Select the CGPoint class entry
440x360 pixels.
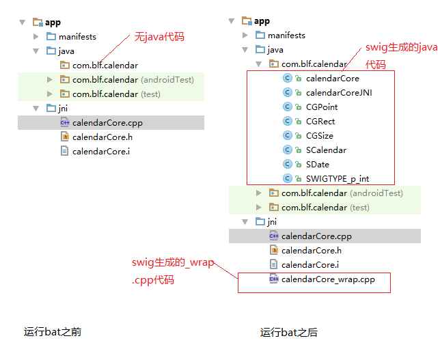322,107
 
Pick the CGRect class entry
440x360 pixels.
320,122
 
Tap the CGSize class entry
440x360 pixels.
320,136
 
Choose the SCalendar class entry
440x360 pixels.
326,150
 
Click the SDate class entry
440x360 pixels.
318,165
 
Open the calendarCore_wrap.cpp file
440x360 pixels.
328,279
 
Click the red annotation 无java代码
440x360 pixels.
159,36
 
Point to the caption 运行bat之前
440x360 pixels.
53,332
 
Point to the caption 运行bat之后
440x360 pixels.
289,333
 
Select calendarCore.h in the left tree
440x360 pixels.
102,137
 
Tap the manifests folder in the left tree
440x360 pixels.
77,37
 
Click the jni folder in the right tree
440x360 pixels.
272,222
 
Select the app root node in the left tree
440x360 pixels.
53,23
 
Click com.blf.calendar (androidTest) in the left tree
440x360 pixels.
133,80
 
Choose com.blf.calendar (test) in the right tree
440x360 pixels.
325,208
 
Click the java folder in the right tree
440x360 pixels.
275,50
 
